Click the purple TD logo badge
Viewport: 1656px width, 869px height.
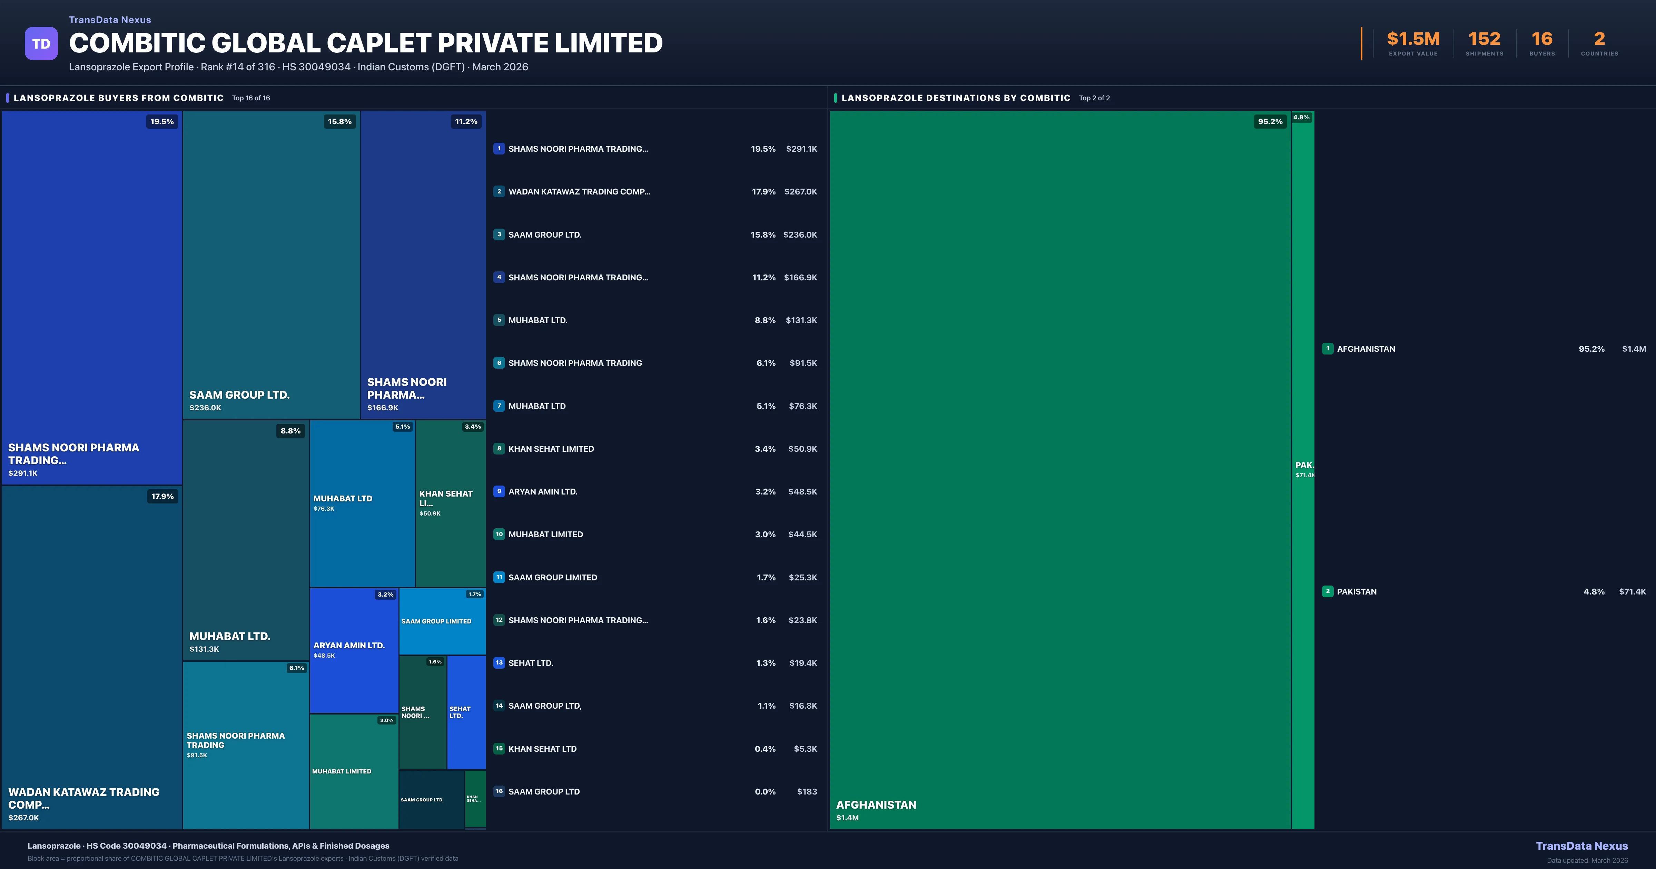point(41,44)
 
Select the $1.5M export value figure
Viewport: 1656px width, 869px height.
point(1413,39)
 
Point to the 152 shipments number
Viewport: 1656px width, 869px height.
point(1484,39)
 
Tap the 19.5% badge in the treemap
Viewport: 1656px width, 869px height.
point(162,121)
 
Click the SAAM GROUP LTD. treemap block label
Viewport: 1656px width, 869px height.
point(239,394)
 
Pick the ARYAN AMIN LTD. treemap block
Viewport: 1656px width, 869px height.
point(354,649)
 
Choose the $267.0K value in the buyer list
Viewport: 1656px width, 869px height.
point(800,191)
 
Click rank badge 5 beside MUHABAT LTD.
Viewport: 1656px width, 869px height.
point(499,320)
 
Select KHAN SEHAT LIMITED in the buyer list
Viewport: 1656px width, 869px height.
point(551,449)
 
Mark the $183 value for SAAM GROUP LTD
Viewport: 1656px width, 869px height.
point(807,791)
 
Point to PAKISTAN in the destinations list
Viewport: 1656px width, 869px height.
point(1357,591)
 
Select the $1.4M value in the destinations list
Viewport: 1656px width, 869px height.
point(1634,349)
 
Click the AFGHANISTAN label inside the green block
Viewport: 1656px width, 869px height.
point(876,805)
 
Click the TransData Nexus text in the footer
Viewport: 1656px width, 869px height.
point(1581,846)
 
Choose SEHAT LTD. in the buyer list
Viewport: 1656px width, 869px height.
point(530,663)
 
